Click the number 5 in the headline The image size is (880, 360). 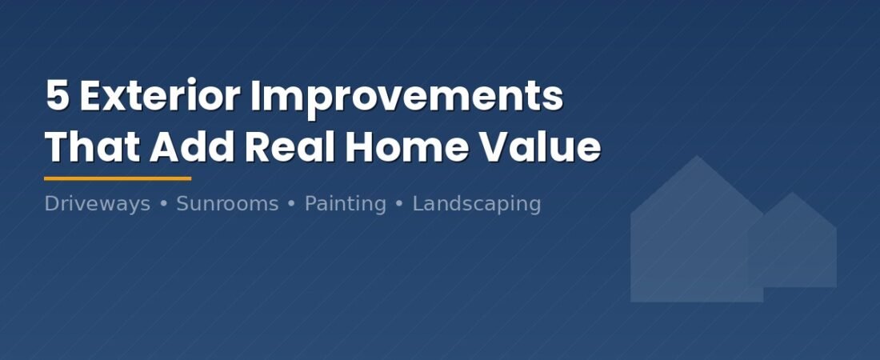[58, 98]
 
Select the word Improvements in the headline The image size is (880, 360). [406, 98]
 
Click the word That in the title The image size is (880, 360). [92, 148]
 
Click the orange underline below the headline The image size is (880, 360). [118, 178]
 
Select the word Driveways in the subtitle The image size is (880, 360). [97, 204]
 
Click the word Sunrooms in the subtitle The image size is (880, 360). [227, 204]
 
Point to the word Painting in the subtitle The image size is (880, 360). [345, 204]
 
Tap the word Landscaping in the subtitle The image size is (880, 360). [476, 204]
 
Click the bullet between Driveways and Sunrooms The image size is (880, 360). [163, 204]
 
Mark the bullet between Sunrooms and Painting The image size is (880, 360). [291, 204]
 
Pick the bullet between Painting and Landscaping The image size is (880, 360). [399, 204]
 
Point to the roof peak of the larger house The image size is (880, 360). [698, 158]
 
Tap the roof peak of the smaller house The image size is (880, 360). [792, 194]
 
